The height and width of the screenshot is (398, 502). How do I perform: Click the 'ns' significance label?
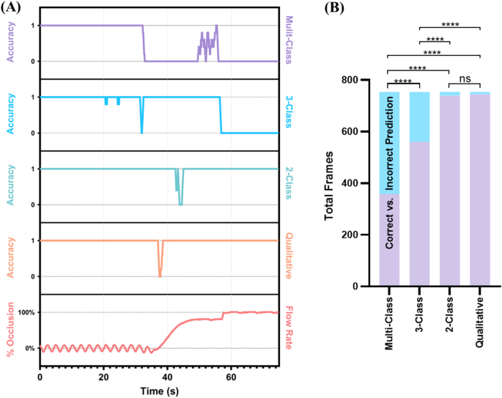tap(465, 78)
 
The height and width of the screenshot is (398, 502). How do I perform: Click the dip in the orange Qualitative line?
tap(160, 273)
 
